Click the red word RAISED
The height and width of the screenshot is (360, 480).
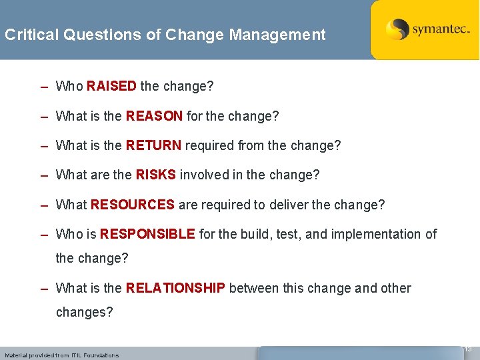(111, 86)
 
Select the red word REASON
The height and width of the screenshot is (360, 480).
(154, 116)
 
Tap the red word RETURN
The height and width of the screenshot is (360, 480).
(153, 145)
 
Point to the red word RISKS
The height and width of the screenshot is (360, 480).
(155, 175)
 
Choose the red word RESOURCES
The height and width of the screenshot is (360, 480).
(133, 205)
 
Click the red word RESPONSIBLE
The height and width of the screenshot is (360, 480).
(147, 234)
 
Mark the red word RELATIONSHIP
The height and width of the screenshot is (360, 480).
(175, 288)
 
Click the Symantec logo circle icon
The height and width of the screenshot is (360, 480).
(397, 29)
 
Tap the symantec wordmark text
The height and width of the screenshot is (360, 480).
(441, 30)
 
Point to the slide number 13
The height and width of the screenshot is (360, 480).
(467, 349)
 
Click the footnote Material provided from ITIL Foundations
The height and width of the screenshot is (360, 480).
(61, 355)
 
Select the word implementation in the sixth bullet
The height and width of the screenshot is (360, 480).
(377, 234)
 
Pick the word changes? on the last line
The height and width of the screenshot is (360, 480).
(85, 312)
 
